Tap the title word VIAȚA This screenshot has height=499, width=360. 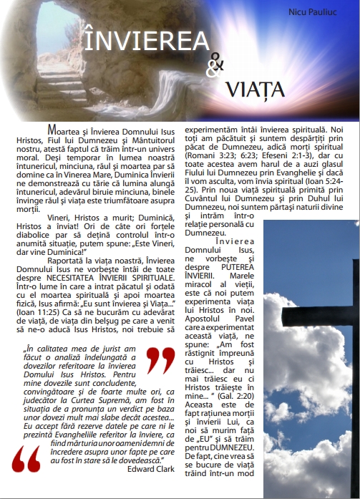coord(255,89)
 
